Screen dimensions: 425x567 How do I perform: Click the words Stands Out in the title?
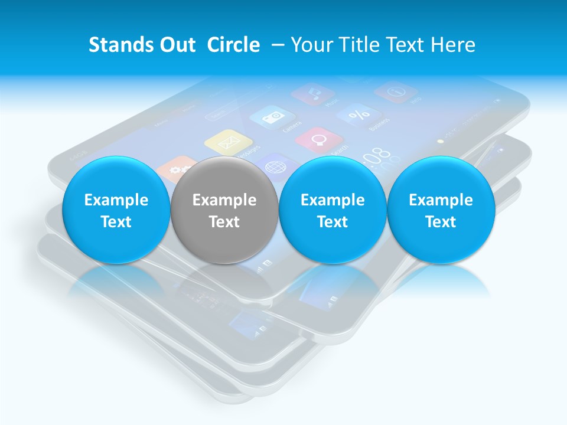(x=142, y=45)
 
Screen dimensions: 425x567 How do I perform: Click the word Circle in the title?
(x=233, y=45)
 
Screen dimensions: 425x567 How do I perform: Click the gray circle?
(x=224, y=210)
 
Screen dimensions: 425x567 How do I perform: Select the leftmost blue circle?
(x=116, y=210)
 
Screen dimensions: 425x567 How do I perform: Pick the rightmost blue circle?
(x=441, y=210)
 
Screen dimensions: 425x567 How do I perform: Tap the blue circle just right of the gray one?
(x=333, y=210)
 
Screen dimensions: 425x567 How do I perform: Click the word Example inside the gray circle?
(x=224, y=200)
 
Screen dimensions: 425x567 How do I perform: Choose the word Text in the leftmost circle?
(x=116, y=222)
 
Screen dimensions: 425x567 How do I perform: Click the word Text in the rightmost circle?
(x=441, y=222)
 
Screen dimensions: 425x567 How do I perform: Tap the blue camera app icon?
(x=272, y=117)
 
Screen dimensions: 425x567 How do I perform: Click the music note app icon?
(x=313, y=93)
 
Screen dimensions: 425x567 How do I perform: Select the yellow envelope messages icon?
(x=228, y=142)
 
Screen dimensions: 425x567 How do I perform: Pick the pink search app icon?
(x=319, y=140)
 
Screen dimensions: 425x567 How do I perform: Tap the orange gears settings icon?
(x=175, y=168)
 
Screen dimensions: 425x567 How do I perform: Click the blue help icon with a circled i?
(x=396, y=91)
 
